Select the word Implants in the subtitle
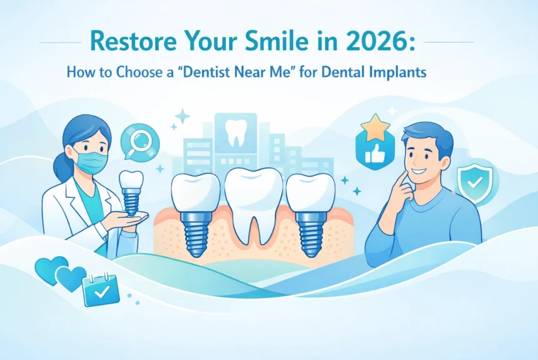coord(397,73)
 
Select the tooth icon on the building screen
coord(235,133)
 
